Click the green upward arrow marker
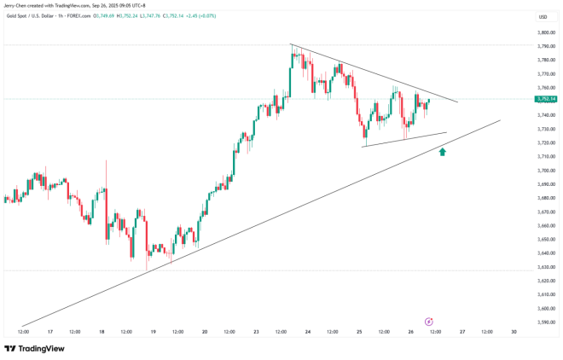pos(442,152)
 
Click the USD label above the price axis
pos(543,17)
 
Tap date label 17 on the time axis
pos(49,331)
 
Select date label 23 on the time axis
pos(257,331)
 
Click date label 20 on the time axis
pos(205,331)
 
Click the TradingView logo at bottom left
pos(34,348)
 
